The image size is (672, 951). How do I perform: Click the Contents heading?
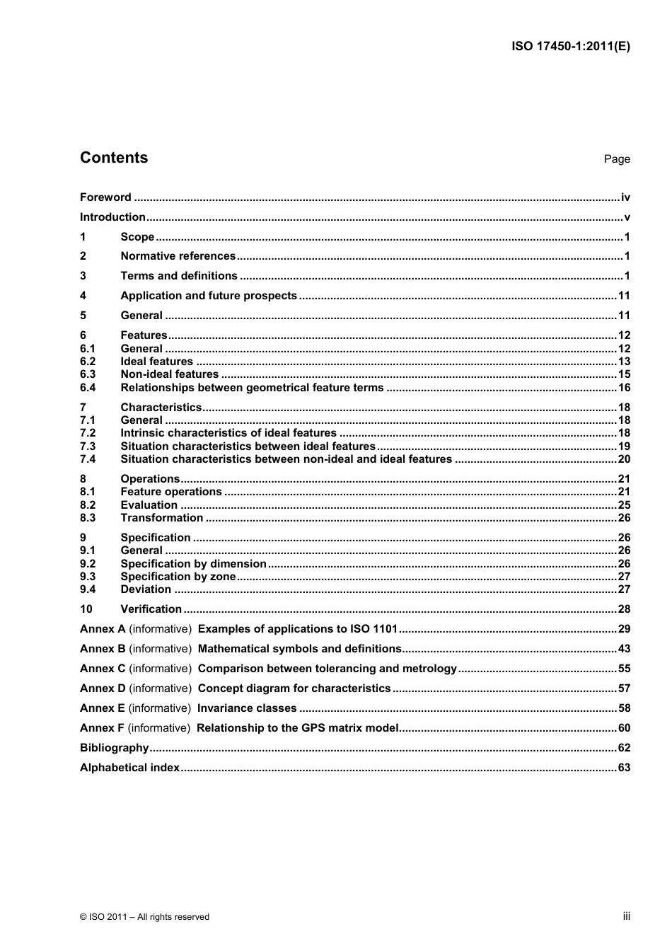pyautogui.click(x=114, y=158)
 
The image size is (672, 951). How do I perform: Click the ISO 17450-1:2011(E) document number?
pyautogui.click(x=570, y=47)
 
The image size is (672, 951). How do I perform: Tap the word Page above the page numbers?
pyautogui.click(x=616, y=159)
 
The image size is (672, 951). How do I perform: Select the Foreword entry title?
pyautogui.click(x=105, y=197)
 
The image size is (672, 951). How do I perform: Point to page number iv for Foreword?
pyautogui.click(x=625, y=197)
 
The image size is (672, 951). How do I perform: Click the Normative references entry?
pyautogui.click(x=178, y=256)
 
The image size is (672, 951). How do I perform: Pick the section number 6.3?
pyautogui.click(x=88, y=374)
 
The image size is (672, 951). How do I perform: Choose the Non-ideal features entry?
pyautogui.click(x=170, y=374)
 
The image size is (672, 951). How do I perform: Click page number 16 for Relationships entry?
pyautogui.click(x=624, y=388)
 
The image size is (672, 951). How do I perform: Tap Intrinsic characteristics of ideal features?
pyautogui.click(x=228, y=433)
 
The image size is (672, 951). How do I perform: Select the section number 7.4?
pyautogui.click(x=88, y=459)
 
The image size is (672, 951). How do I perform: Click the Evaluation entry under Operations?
pyautogui.click(x=149, y=505)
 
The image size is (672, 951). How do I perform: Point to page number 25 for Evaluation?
pyautogui.click(x=624, y=505)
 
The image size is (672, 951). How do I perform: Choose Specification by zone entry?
pyautogui.click(x=178, y=577)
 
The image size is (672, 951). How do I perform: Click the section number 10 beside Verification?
pyautogui.click(x=86, y=609)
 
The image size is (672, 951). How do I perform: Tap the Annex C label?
pyautogui.click(x=103, y=669)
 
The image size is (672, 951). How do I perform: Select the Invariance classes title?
pyautogui.click(x=247, y=708)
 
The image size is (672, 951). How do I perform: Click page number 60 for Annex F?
pyautogui.click(x=624, y=728)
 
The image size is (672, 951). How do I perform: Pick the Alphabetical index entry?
pyautogui.click(x=129, y=768)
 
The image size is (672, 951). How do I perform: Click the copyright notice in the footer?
pyautogui.click(x=144, y=917)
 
